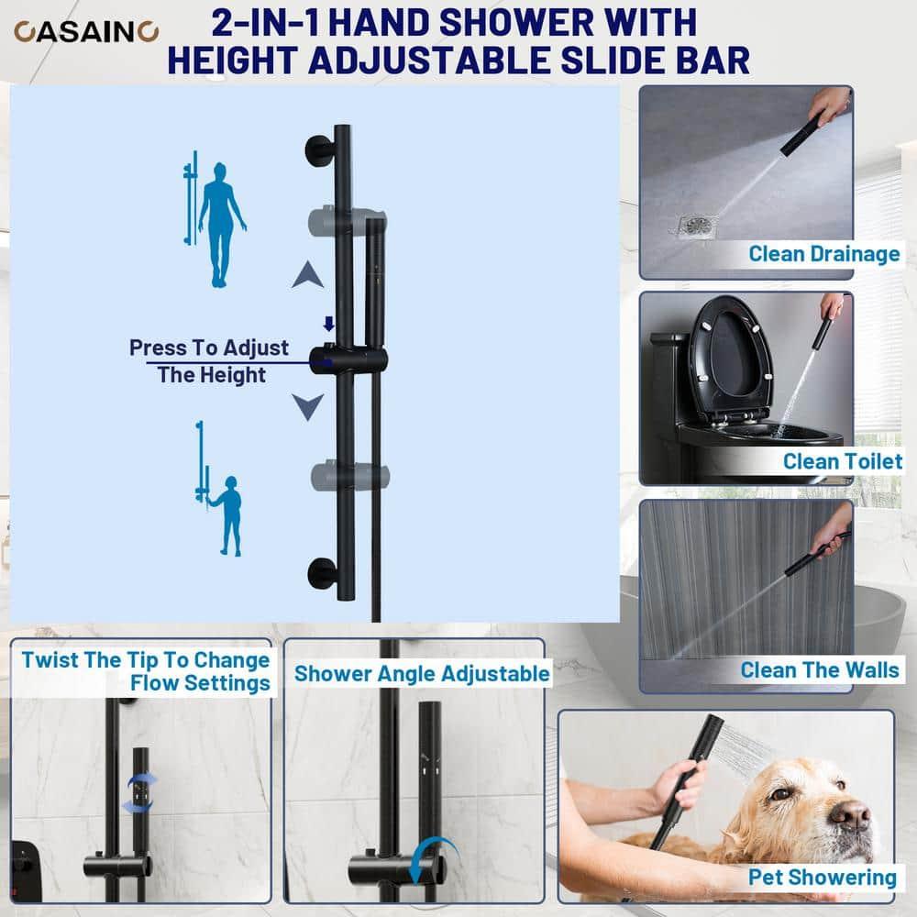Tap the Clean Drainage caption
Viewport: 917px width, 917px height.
point(823,254)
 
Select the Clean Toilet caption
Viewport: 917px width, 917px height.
point(842,461)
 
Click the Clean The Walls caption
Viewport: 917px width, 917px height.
point(820,669)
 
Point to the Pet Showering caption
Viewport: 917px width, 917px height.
point(822,878)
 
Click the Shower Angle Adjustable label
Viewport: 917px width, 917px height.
point(422,674)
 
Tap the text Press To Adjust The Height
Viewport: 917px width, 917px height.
point(209,361)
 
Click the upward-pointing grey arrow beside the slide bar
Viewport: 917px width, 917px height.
point(308,273)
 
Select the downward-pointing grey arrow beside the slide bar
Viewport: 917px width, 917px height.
point(308,404)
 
